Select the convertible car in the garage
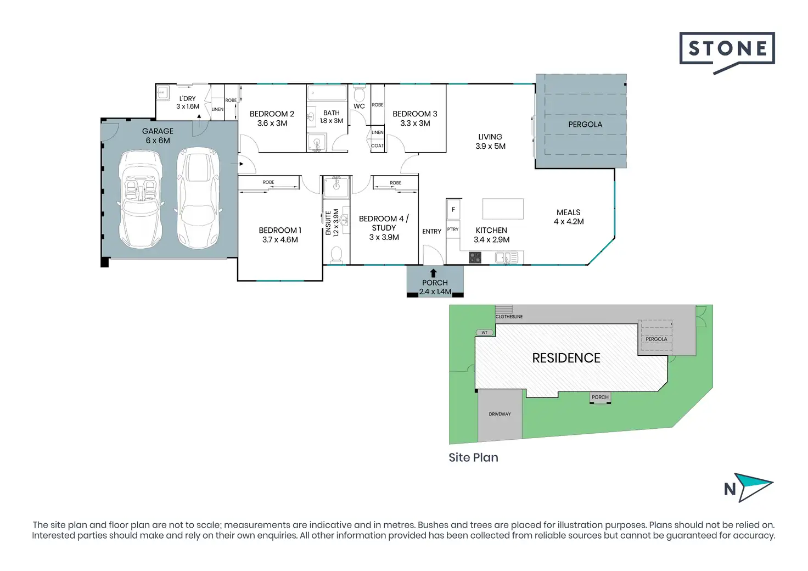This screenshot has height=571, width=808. (141, 199)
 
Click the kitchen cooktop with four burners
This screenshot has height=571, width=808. (475, 257)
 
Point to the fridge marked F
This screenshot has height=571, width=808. (453, 209)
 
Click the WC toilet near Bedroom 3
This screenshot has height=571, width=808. (359, 94)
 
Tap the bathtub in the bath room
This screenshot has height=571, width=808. (327, 93)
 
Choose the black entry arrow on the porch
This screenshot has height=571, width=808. (434, 273)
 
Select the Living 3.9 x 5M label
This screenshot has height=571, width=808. (490, 142)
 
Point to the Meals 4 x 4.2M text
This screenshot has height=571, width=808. (569, 217)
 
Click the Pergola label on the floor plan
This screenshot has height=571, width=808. (585, 125)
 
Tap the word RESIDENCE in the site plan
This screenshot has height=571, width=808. (566, 358)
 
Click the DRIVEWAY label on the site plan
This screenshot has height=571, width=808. (500, 414)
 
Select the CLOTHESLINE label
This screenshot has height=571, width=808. (509, 317)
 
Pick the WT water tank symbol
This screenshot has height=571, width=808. (485, 333)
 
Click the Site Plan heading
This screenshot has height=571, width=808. (473, 457)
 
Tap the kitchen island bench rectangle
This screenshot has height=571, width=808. (503, 209)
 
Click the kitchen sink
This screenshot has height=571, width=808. (507, 257)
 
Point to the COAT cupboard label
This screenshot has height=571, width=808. (377, 145)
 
